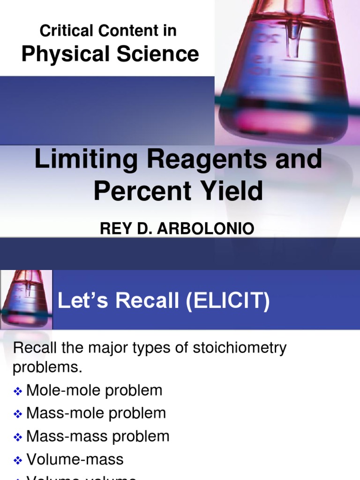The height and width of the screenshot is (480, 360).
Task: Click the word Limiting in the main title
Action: (x=77, y=160)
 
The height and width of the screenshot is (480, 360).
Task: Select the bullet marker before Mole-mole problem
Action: (x=18, y=391)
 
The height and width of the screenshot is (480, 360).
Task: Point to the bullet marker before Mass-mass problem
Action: (x=18, y=437)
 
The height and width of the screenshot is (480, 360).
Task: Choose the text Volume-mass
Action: (x=75, y=459)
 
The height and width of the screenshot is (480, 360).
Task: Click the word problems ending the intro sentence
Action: (x=47, y=367)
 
